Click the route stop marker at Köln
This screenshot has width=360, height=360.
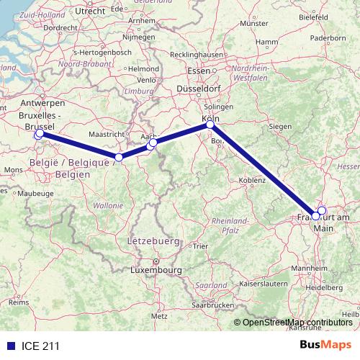[210, 125]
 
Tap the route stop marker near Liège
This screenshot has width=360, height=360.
[119, 157]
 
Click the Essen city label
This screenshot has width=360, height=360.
[198, 71]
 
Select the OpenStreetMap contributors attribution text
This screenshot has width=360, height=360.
[297, 323]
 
